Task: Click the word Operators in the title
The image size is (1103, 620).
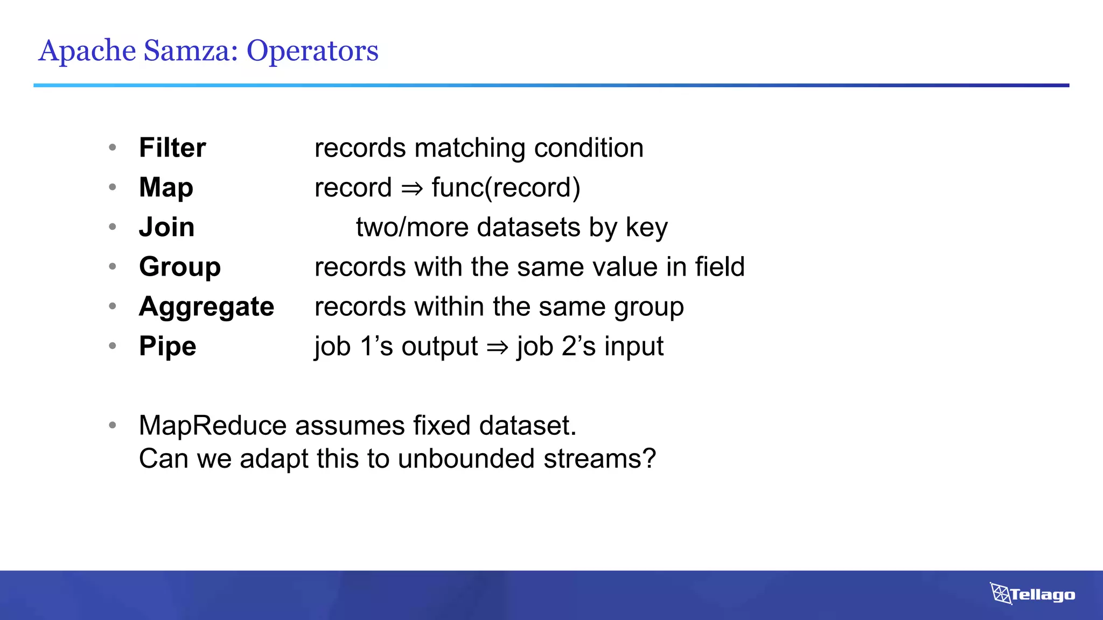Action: tap(312, 51)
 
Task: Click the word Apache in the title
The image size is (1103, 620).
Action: tap(87, 51)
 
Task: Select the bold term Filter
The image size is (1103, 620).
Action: tap(172, 147)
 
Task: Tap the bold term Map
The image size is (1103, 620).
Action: tap(166, 187)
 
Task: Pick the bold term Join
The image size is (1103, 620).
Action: tap(166, 227)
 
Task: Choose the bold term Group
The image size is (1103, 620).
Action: tap(180, 266)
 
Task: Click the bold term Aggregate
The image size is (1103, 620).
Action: tap(206, 306)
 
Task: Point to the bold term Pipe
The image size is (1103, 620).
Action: tap(167, 346)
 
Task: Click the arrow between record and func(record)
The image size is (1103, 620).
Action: tap(412, 188)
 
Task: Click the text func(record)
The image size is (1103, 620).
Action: tap(506, 187)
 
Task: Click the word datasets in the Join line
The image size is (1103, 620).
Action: tap(528, 227)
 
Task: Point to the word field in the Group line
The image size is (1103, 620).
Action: tap(720, 266)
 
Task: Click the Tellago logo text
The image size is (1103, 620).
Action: tap(1042, 595)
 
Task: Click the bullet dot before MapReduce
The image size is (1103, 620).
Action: tap(113, 425)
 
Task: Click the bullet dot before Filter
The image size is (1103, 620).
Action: tap(113, 147)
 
